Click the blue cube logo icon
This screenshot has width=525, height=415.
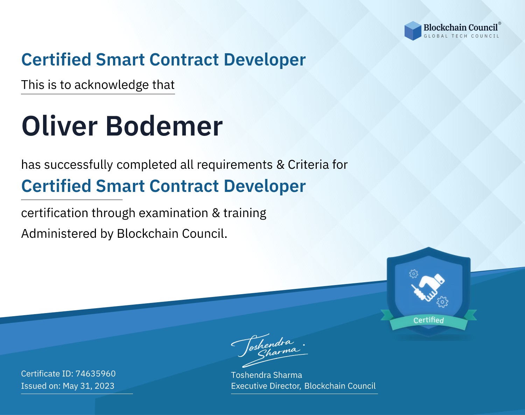pyautogui.click(x=413, y=31)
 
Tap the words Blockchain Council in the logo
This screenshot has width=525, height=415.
pyautogui.click(x=460, y=28)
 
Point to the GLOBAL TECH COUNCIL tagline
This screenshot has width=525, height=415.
pyautogui.click(x=461, y=36)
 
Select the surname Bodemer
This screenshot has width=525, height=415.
pyautogui.click(x=164, y=126)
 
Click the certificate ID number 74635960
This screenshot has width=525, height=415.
pyautogui.click(x=96, y=373)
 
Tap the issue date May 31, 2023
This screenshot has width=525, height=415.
pyautogui.click(x=88, y=386)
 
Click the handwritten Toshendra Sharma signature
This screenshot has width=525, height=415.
pyautogui.click(x=269, y=350)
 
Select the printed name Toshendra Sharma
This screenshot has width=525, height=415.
pyautogui.click(x=266, y=375)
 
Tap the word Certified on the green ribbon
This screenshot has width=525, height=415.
pyautogui.click(x=429, y=320)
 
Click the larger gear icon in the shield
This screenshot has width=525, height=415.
pyautogui.click(x=442, y=302)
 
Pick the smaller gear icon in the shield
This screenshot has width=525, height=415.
pyautogui.click(x=413, y=274)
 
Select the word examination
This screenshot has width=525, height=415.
pyautogui.click(x=174, y=213)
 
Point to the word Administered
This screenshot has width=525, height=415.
pyautogui.click(x=59, y=233)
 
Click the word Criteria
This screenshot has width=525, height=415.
pyautogui.click(x=308, y=165)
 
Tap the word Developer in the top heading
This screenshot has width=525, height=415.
pyautogui.click(x=265, y=60)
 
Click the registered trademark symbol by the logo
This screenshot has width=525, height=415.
pyautogui.click(x=500, y=23)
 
